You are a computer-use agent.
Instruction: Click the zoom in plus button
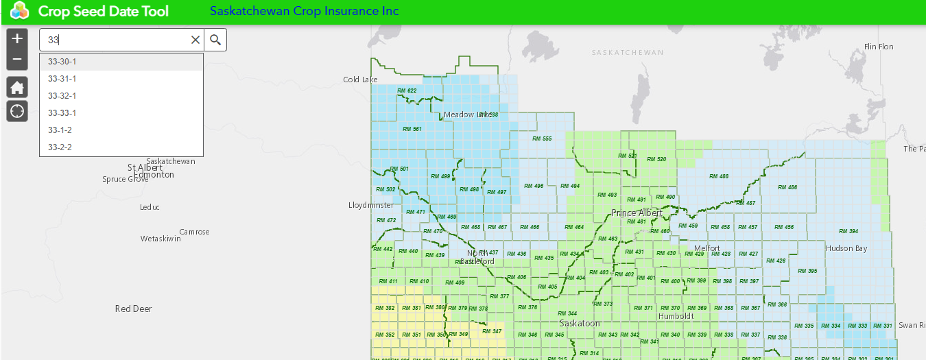17,38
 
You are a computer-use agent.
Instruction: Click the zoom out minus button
17,60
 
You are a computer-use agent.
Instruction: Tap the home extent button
17,87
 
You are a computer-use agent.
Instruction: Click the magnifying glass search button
215,40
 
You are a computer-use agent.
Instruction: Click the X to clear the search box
195,40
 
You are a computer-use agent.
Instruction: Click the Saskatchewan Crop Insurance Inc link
304,12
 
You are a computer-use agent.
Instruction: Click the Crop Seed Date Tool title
103,12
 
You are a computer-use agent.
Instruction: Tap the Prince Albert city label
637,213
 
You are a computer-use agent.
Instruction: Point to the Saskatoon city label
580,323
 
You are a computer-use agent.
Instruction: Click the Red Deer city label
133,309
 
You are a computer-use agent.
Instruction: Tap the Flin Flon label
879,47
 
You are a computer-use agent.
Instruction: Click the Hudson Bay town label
846,248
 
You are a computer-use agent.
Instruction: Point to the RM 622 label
407,91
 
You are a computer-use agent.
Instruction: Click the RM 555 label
542,139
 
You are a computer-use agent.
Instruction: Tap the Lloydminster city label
371,205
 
